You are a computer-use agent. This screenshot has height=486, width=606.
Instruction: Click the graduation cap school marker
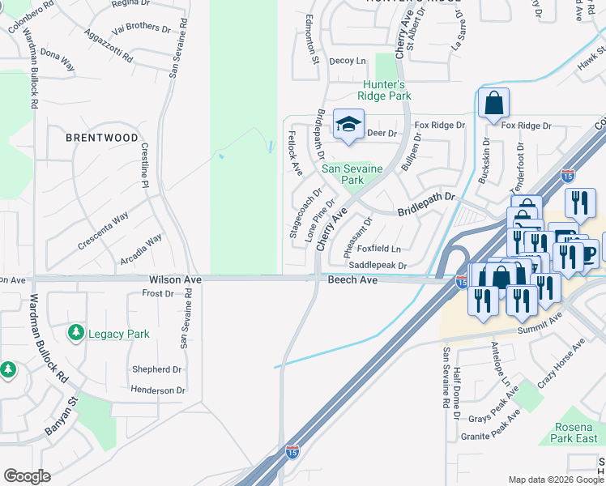(348, 125)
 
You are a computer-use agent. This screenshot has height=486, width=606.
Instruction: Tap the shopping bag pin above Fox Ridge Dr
(493, 104)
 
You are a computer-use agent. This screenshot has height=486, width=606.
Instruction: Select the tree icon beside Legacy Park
(76, 333)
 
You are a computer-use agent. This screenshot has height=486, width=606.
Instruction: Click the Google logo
(27, 476)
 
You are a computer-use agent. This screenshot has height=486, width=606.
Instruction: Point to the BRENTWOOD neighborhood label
(102, 138)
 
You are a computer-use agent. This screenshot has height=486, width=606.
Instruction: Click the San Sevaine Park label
(353, 174)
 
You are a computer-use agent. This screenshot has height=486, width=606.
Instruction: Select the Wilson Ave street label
(174, 279)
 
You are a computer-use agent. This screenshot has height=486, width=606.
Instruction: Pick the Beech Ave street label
(352, 279)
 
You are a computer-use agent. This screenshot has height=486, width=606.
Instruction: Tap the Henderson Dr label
(158, 390)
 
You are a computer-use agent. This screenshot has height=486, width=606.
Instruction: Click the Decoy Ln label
(348, 61)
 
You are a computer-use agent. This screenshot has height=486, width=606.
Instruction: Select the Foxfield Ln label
(379, 249)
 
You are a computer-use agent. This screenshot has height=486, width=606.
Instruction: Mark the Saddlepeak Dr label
(377, 265)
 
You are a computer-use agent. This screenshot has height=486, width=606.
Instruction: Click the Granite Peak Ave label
(489, 426)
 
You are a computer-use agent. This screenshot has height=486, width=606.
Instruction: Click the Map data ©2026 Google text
(555, 480)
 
